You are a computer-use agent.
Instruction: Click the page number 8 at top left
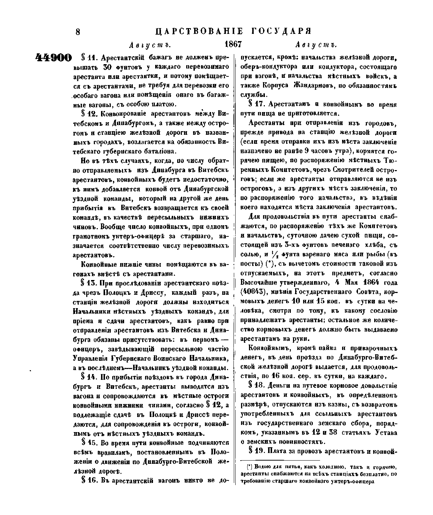click(78, 32)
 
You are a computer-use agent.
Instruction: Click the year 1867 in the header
click(233, 45)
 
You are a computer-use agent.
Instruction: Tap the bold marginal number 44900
click(54, 58)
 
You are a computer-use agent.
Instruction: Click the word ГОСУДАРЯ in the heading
click(284, 31)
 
